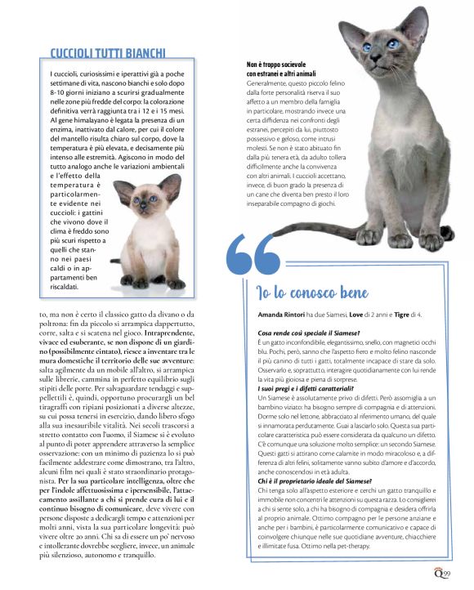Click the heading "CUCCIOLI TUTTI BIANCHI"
click(108, 52)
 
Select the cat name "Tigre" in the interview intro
click(407, 314)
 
